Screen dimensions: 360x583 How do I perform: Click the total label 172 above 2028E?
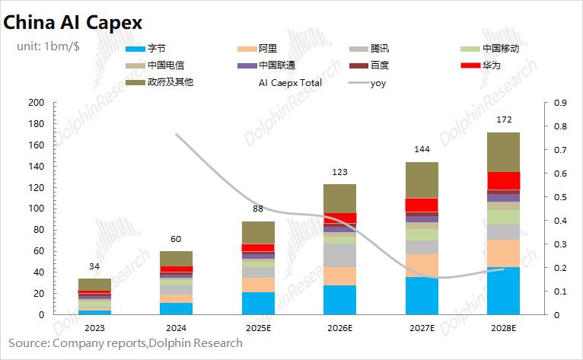tap(503, 119)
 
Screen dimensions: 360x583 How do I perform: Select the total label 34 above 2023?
tap(94, 266)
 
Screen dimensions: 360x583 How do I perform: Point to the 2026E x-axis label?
tap(339, 328)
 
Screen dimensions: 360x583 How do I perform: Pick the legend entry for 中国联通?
tap(278, 65)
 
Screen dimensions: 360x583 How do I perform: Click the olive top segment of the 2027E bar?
tap(422, 180)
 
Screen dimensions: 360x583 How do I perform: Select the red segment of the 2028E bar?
tap(503, 180)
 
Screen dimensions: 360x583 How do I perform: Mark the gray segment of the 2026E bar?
tap(339, 255)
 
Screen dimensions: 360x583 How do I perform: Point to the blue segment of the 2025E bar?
tap(258, 303)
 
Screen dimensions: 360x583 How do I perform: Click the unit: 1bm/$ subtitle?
tap(51, 46)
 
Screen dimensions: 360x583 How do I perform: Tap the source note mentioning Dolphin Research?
tap(126, 343)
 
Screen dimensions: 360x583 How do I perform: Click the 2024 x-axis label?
tap(176, 328)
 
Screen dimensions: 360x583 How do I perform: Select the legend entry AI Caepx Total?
tap(291, 82)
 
